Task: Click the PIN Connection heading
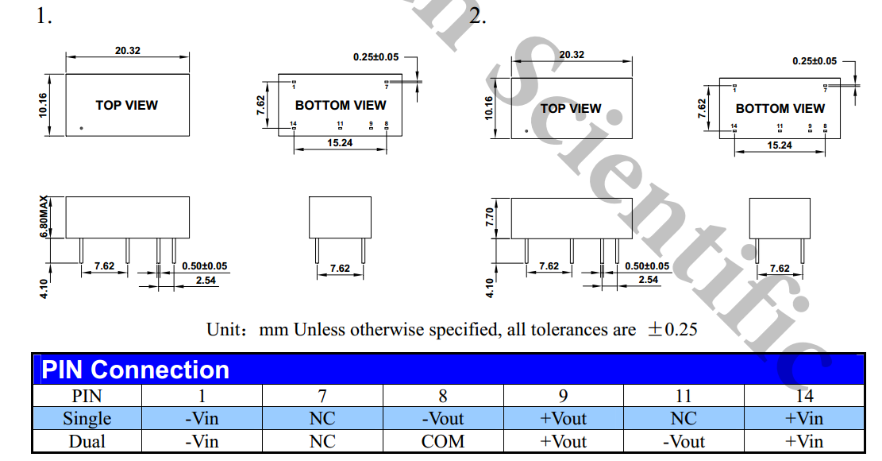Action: pos(136,370)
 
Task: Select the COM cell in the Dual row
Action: pos(443,442)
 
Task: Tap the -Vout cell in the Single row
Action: pos(443,419)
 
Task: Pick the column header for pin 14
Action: pos(804,397)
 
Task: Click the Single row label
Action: pos(87,419)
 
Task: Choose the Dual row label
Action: pos(87,442)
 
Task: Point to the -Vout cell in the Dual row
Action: pos(684,442)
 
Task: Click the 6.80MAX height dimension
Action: pos(44,217)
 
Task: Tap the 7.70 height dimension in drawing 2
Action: pos(489,217)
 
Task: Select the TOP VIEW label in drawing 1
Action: pos(126,105)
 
